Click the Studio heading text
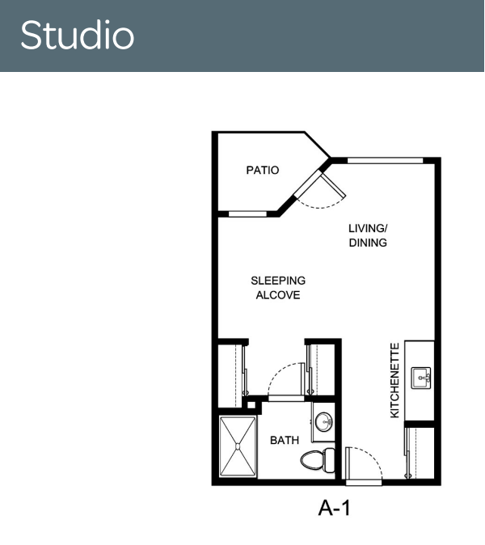(x=77, y=35)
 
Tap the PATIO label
(x=263, y=171)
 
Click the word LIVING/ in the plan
(x=368, y=228)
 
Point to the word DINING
(x=368, y=243)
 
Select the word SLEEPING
(x=278, y=281)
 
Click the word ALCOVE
(x=278, y=295)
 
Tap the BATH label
(x=285, y=441)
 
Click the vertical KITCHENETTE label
(x=394, y=380)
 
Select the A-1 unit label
(x=334, y=508)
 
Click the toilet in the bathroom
(x=318, y=460)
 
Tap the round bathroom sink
(x=323, y=422)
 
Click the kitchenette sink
(x=421, y=378)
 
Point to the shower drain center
(x=238, y=446)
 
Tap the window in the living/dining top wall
(x=386, y=160)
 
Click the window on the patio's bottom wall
(x=247, y=213)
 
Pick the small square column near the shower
(x=251, y=405)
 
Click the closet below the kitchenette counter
(x=420, y=453)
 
